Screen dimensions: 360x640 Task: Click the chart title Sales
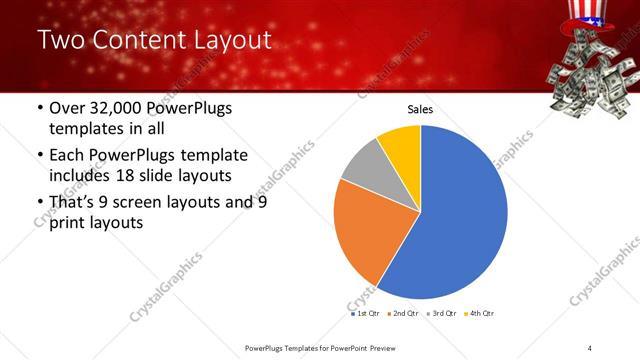tap(420, 110)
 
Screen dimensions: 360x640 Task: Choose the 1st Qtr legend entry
tap(367, 313)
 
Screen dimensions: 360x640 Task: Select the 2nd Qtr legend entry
tap(403, 313)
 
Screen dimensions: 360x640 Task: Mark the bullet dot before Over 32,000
tap(39, 109)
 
